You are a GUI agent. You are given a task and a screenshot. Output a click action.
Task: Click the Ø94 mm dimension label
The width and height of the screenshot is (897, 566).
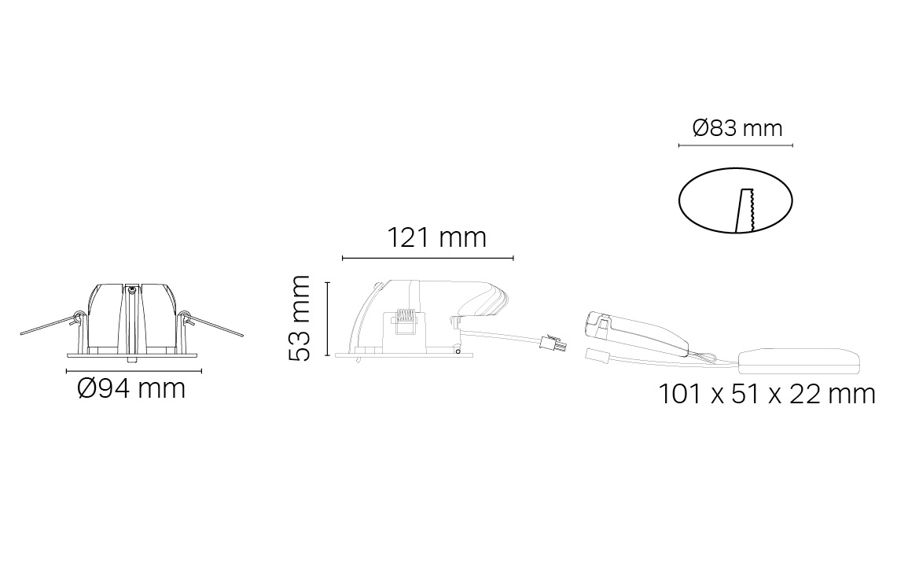(x=131, y=389)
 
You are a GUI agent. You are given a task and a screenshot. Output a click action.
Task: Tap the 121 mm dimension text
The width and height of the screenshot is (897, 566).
(x=437, y=237)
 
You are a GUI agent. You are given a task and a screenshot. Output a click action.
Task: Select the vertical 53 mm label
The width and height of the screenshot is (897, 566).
(x=300, y=318)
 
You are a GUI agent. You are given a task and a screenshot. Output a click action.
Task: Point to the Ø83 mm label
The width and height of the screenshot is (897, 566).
(x=737, y=127)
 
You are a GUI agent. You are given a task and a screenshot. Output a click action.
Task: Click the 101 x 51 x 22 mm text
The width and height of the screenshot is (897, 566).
(x=766, y=394)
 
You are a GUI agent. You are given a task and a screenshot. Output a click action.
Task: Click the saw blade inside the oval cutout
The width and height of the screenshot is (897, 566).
(x=744, y=211)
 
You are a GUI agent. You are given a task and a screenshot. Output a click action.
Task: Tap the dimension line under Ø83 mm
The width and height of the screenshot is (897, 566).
(x=736, y=145)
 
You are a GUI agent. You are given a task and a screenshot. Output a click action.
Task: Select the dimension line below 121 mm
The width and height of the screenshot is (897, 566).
(x=428, y=258)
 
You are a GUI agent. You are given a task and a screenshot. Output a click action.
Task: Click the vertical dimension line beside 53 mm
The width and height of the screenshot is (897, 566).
(x=327, y=319)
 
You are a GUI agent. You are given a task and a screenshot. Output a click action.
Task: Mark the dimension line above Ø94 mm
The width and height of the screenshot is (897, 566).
(x=134, y=371)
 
